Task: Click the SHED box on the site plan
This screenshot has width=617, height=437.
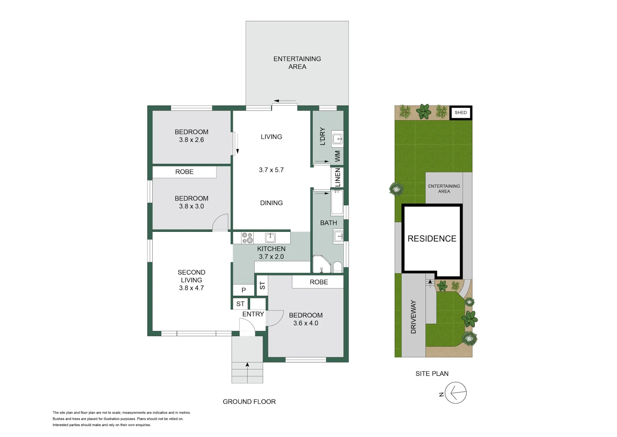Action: pos(461,113)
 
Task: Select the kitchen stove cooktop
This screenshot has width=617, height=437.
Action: pos(247,238)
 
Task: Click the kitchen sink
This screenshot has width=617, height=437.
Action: pos(270,238)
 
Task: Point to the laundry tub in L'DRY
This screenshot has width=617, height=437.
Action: pos(337,139)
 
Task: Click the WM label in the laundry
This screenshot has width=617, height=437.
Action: pos(337,156)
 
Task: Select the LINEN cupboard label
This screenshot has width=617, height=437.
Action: pos(337,177)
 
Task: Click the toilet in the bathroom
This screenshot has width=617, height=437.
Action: pos(337,267)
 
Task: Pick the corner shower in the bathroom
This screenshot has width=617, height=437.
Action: pos(322,265)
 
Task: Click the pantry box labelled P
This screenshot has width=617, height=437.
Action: pos(244,290)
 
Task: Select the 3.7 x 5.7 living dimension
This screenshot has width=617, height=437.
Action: pos(271,170)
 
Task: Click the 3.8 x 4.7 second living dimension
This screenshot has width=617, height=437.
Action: pos(191,288)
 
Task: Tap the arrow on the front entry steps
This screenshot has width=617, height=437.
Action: pos(247,365)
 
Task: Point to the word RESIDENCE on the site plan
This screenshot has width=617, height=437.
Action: pos(432,239)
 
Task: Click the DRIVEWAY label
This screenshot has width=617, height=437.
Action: pos(413,317)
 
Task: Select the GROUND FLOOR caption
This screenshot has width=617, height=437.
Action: pos(249,402)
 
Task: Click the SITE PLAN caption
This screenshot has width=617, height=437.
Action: pos(432,374)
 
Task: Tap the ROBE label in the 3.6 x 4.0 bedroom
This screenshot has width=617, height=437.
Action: pos(319,282)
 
